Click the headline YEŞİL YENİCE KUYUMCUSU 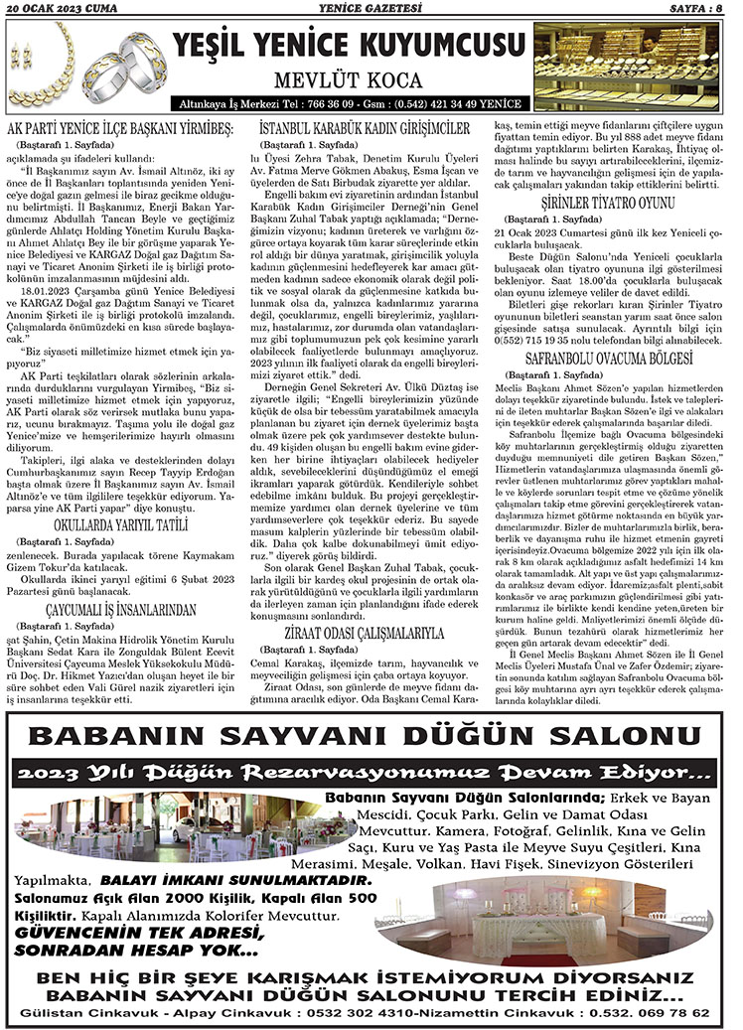click(x=349, y=46)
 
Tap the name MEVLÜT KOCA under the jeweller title click(x=349, y=80)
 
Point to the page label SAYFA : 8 click(x=699, y=9)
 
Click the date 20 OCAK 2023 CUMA click(x=62, y=9)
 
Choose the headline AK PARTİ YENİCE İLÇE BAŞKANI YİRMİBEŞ click(x=119, y=129)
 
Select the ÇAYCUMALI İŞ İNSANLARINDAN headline click(x=119, y=608)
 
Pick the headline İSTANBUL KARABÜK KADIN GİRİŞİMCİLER click(x=364, y=129)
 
